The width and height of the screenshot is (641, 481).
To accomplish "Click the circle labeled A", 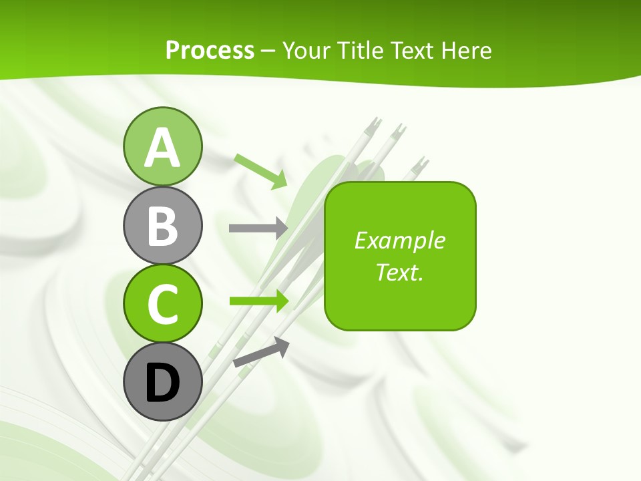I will pyautogui.click(x=162, y=146).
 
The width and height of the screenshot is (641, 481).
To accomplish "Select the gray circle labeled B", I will pyautogui.click(x=162, y=225).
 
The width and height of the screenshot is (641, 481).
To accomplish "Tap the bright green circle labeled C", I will pyautogui.click(x=162, y=304).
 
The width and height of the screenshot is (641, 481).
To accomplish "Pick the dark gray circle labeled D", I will pyautogui.click(x=162, y=382).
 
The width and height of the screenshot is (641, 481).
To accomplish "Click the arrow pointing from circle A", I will pyautogui.click(x=261, y=171).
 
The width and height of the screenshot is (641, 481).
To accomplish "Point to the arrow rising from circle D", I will pyautogui.click(x=261, y=352).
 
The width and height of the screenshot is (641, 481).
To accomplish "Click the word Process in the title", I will pyautogui.click(x=210, y=50).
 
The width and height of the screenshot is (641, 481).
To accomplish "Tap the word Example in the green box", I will pyautogui.click(x=399, y=240).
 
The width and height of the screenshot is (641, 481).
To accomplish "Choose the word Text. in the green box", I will pyautogui.click(x=399, y=272).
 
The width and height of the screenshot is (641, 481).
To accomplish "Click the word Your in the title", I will pyautogui.click(x=304, y=50).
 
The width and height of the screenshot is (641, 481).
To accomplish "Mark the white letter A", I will pyautogui.click(x=162, y=148).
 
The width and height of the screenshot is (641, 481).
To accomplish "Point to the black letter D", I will pyautogui.click(x=162, y=383).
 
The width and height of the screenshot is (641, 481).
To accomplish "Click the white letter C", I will pyautogui.click(x=162, y=305).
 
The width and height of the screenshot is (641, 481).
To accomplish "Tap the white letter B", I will pyautogui.click(x=162, y=226).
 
